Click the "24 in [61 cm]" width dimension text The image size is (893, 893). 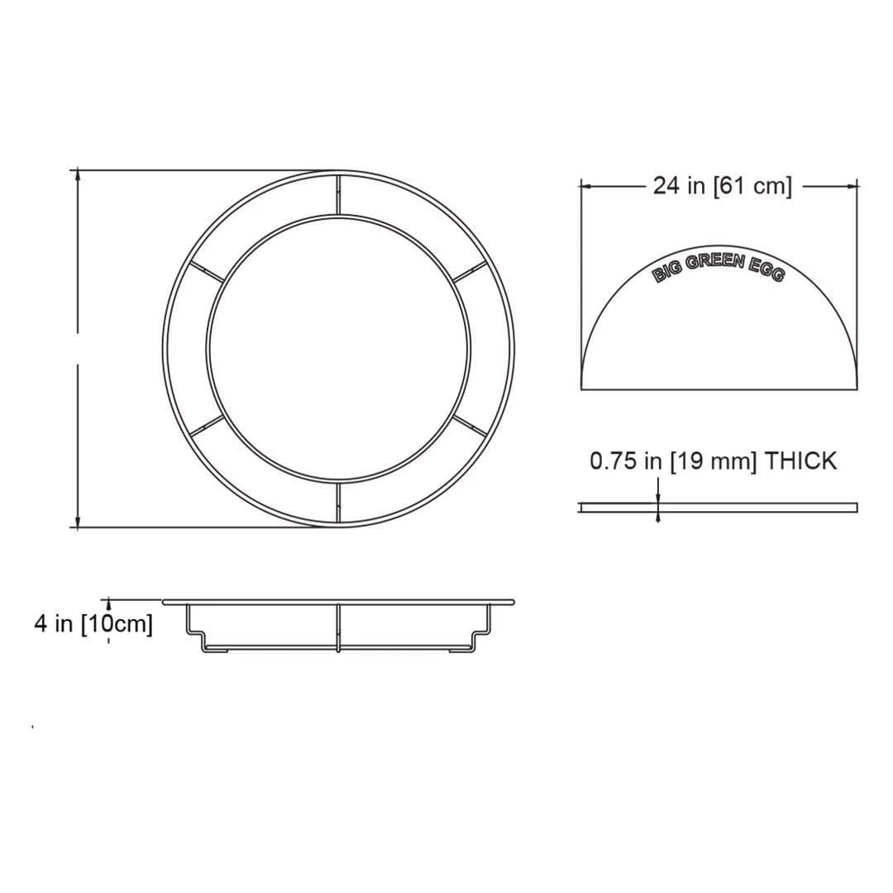tap(722, 186)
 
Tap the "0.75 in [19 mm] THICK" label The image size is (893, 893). tap(713, 461)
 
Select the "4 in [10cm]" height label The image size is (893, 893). tap(93, 623)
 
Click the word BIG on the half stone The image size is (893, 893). tap(666, 272)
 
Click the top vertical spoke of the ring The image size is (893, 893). tap(338, 194)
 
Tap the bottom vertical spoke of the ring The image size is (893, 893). tap(338, 503)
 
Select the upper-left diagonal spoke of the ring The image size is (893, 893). tap(206, 271)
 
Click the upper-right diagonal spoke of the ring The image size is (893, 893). tap(470, 271)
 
